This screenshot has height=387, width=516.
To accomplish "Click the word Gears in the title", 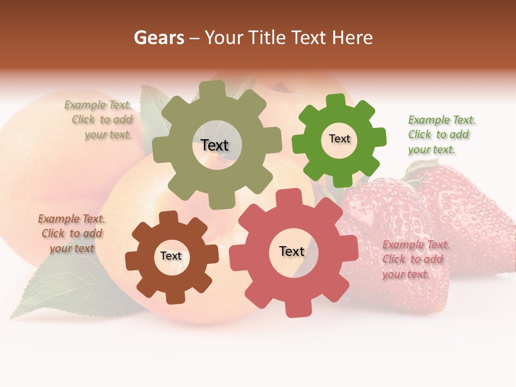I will click(x=159, y=38).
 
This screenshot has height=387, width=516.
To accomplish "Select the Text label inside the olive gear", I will click(x=214, y=145).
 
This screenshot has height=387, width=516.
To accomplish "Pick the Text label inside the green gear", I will click(x=339, y=139).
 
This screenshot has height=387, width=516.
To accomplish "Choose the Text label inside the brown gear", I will click(x=171, y=256).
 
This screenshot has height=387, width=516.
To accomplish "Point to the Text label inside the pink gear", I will click(x=292, y=251).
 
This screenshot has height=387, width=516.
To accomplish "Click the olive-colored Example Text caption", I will click(x=99, y=120).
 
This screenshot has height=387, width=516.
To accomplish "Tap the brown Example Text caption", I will click(x=71, y=233).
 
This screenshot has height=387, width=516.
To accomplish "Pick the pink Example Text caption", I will click(x=415, y=259).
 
